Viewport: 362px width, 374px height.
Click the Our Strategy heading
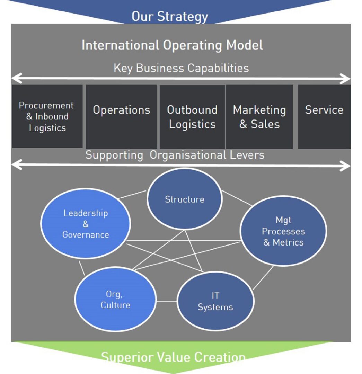(169, 16)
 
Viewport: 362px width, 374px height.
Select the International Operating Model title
(172, 45)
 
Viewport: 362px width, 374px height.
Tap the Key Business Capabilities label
(181, 68)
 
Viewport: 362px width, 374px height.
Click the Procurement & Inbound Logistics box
(47, 116)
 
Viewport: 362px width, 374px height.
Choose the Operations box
(121, 116)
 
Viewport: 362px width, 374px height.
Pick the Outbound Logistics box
(192, 117)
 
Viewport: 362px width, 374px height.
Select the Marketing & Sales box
(259, 117)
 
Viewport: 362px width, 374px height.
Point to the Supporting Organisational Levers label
(175, 155)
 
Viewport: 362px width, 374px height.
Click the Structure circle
(184, 199)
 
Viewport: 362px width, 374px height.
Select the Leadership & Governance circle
(86, 224)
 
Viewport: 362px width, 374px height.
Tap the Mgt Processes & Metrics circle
(283, 231)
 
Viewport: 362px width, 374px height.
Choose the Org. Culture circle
(115, 300)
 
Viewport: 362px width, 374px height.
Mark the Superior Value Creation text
(173, 357)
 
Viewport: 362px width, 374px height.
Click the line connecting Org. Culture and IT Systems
(167, 301)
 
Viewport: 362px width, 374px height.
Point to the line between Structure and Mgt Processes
(237, 199)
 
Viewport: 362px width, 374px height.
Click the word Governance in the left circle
(86, 235)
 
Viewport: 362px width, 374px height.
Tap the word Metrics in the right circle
(288, 242)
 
